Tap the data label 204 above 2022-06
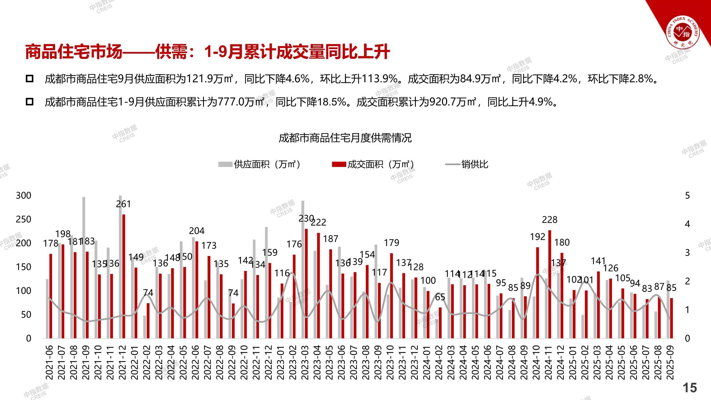197,231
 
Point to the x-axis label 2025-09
670,362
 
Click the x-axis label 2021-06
49,362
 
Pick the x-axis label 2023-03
305,362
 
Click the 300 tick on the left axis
23,196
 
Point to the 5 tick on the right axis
687,196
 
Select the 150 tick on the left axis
23,267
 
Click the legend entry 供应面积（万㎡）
260,164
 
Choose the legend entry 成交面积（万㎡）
373,164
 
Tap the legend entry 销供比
467,164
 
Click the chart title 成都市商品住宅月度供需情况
345,138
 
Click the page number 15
690,388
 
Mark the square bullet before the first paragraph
30,79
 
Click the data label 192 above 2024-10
537,237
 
